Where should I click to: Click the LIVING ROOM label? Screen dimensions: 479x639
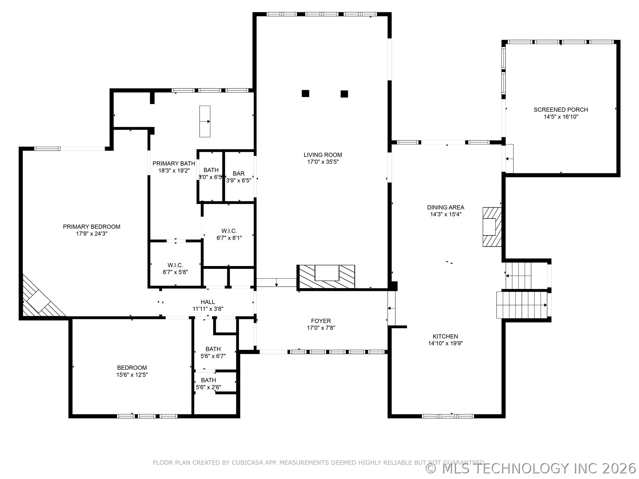click(322, 155)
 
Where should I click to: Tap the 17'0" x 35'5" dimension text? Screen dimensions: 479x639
click(322, 162)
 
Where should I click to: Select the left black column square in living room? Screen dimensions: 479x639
click(305, 93)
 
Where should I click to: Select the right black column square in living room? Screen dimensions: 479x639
click(344, 94)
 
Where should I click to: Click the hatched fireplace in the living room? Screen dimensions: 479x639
click(326, 276)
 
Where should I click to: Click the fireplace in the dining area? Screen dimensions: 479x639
click(492, 227)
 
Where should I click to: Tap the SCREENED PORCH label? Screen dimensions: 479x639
click(560, 109)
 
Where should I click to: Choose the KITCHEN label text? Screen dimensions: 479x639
click(445, 336)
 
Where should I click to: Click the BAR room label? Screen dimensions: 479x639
click(238, 174)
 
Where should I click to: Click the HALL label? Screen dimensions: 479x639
click(208, 302)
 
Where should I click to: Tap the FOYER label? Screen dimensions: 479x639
click(321, 321)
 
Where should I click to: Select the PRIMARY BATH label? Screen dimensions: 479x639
click(174, 163)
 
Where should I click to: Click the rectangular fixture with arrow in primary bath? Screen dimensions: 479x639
click(205, 121)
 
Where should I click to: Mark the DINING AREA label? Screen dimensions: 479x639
click(445, 207)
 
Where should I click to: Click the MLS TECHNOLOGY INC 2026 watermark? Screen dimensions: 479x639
click(531, 468)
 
